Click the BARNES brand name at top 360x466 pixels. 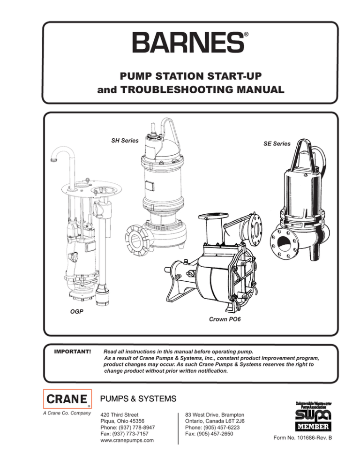point(187,43)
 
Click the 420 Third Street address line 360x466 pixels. point(120,415)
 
